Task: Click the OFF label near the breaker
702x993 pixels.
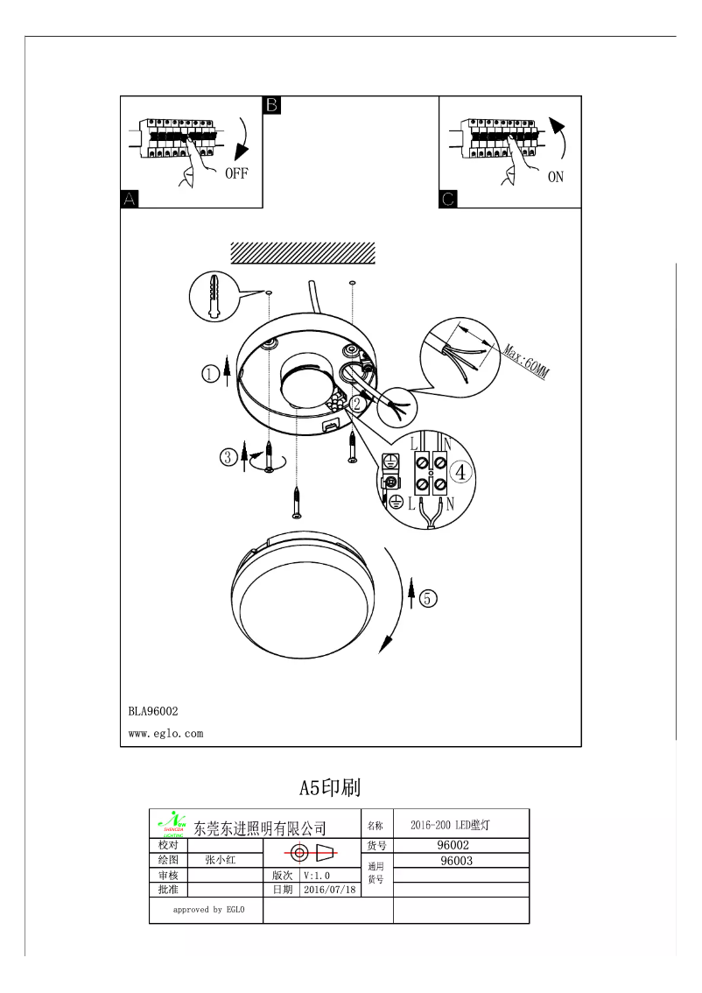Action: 236,173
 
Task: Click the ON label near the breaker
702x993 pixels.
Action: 556,177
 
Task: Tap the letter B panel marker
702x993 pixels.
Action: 271,105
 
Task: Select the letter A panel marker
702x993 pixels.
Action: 129,199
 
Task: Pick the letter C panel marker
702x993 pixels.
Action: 446,199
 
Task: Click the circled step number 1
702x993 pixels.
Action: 210,373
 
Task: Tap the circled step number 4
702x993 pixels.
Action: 463,471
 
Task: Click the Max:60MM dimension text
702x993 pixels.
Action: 526,359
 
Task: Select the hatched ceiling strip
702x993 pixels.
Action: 302,252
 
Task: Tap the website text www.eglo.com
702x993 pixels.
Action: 165,734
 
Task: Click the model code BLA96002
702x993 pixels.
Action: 153,712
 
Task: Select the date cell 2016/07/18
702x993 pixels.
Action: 330,890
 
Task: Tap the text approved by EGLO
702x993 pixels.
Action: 208,910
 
